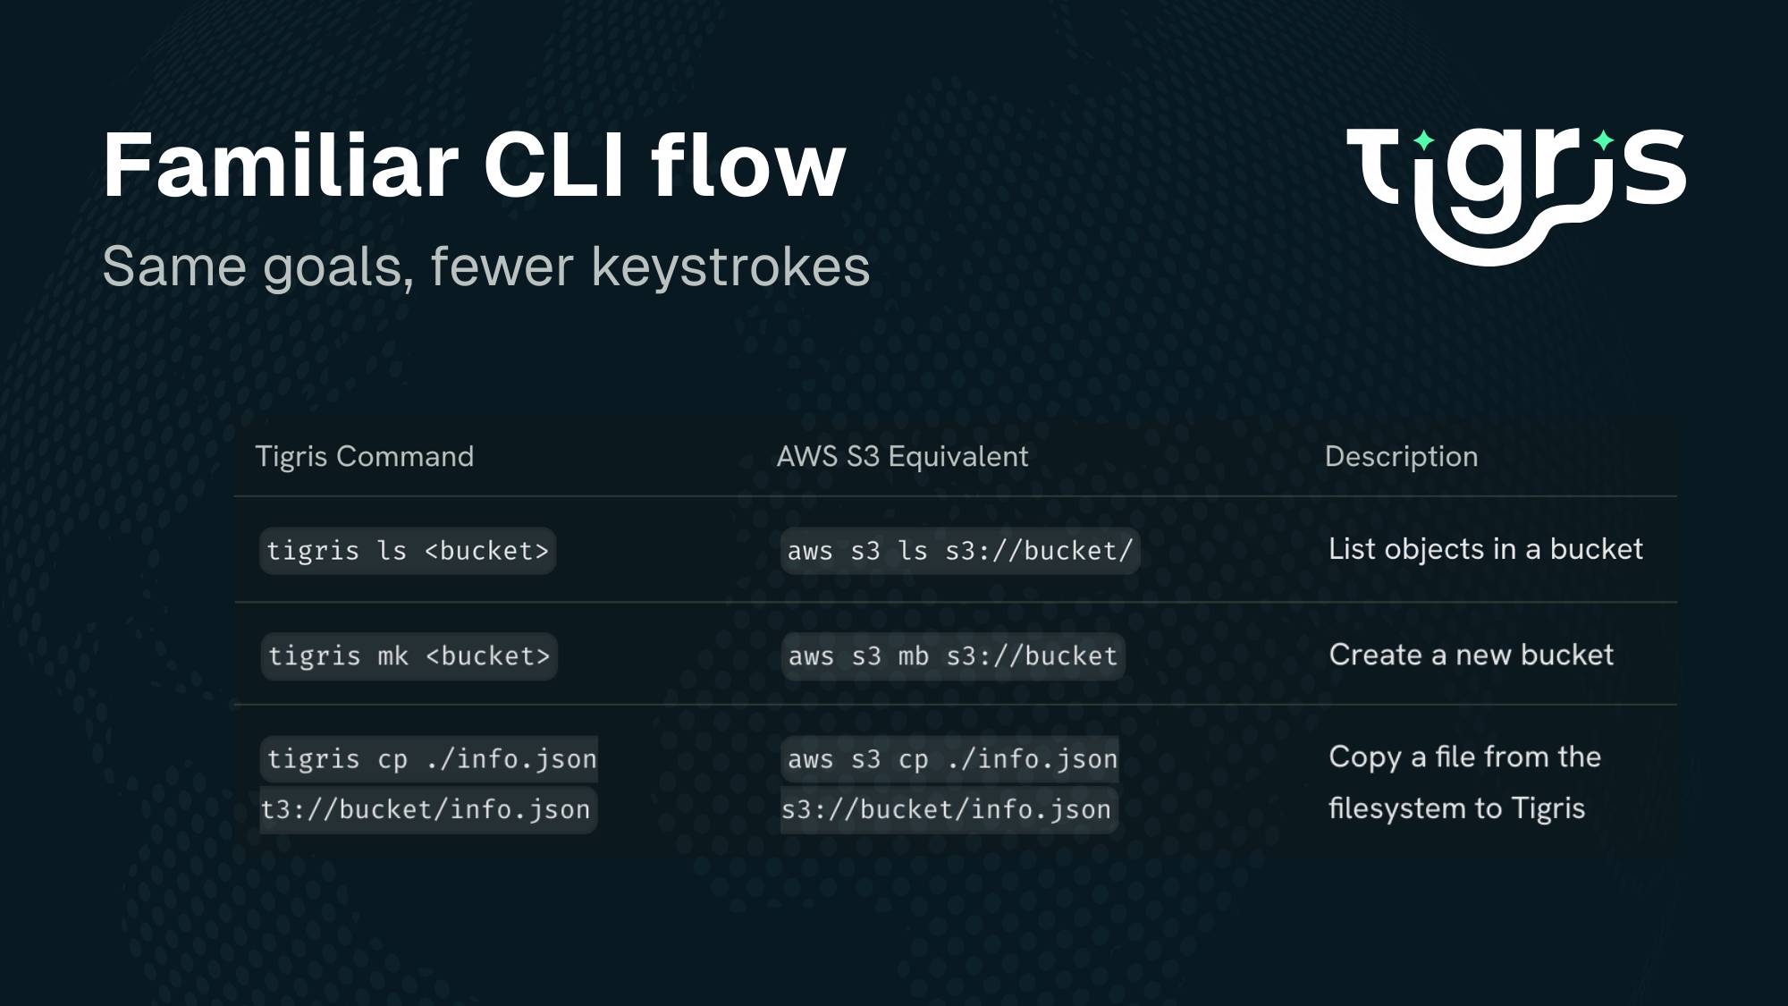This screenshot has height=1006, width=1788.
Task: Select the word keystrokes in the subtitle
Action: click(730, 266)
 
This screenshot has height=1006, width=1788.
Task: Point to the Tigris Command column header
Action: click(365, 456)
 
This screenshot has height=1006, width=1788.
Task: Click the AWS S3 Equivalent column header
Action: click(902, 456)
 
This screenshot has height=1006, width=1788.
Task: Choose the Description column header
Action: click(1401, 456)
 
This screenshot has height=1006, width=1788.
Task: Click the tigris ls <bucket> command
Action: click(408, 551)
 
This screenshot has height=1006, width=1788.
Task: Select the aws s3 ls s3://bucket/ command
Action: click(960, 551)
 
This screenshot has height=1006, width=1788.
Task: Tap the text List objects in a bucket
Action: click(1486, 549)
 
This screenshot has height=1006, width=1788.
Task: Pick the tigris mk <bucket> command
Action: click(409, 656)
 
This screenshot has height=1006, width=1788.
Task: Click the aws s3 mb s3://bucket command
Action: click(953, 656)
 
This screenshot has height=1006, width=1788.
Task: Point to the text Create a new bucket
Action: click(1472, 655)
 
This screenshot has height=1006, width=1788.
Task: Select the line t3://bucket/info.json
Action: click(426, 810)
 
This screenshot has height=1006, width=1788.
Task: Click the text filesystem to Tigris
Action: click(1456, 808)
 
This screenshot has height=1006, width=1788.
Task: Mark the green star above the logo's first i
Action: click(1423, 140)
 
